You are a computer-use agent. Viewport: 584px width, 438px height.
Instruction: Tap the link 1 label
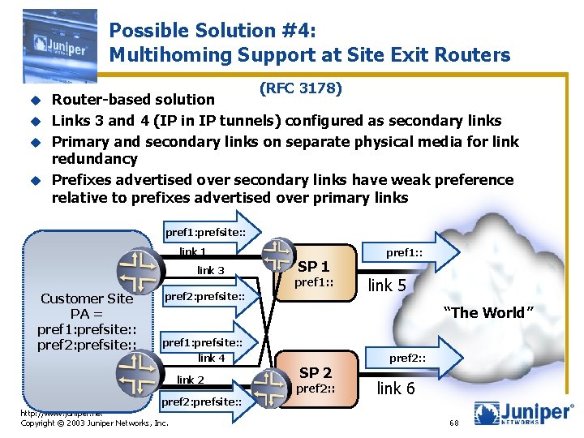point(193,251)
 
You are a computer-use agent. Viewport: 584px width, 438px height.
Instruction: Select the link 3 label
point(211,270)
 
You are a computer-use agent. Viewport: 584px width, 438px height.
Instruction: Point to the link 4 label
point(211,358)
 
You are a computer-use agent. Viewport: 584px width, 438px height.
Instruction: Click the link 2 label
point(191,380)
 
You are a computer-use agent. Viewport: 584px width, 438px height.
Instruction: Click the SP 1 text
point(314,267)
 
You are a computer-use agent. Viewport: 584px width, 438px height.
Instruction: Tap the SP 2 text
point(316,372)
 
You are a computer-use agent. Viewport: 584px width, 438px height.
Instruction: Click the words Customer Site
point(87,298)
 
